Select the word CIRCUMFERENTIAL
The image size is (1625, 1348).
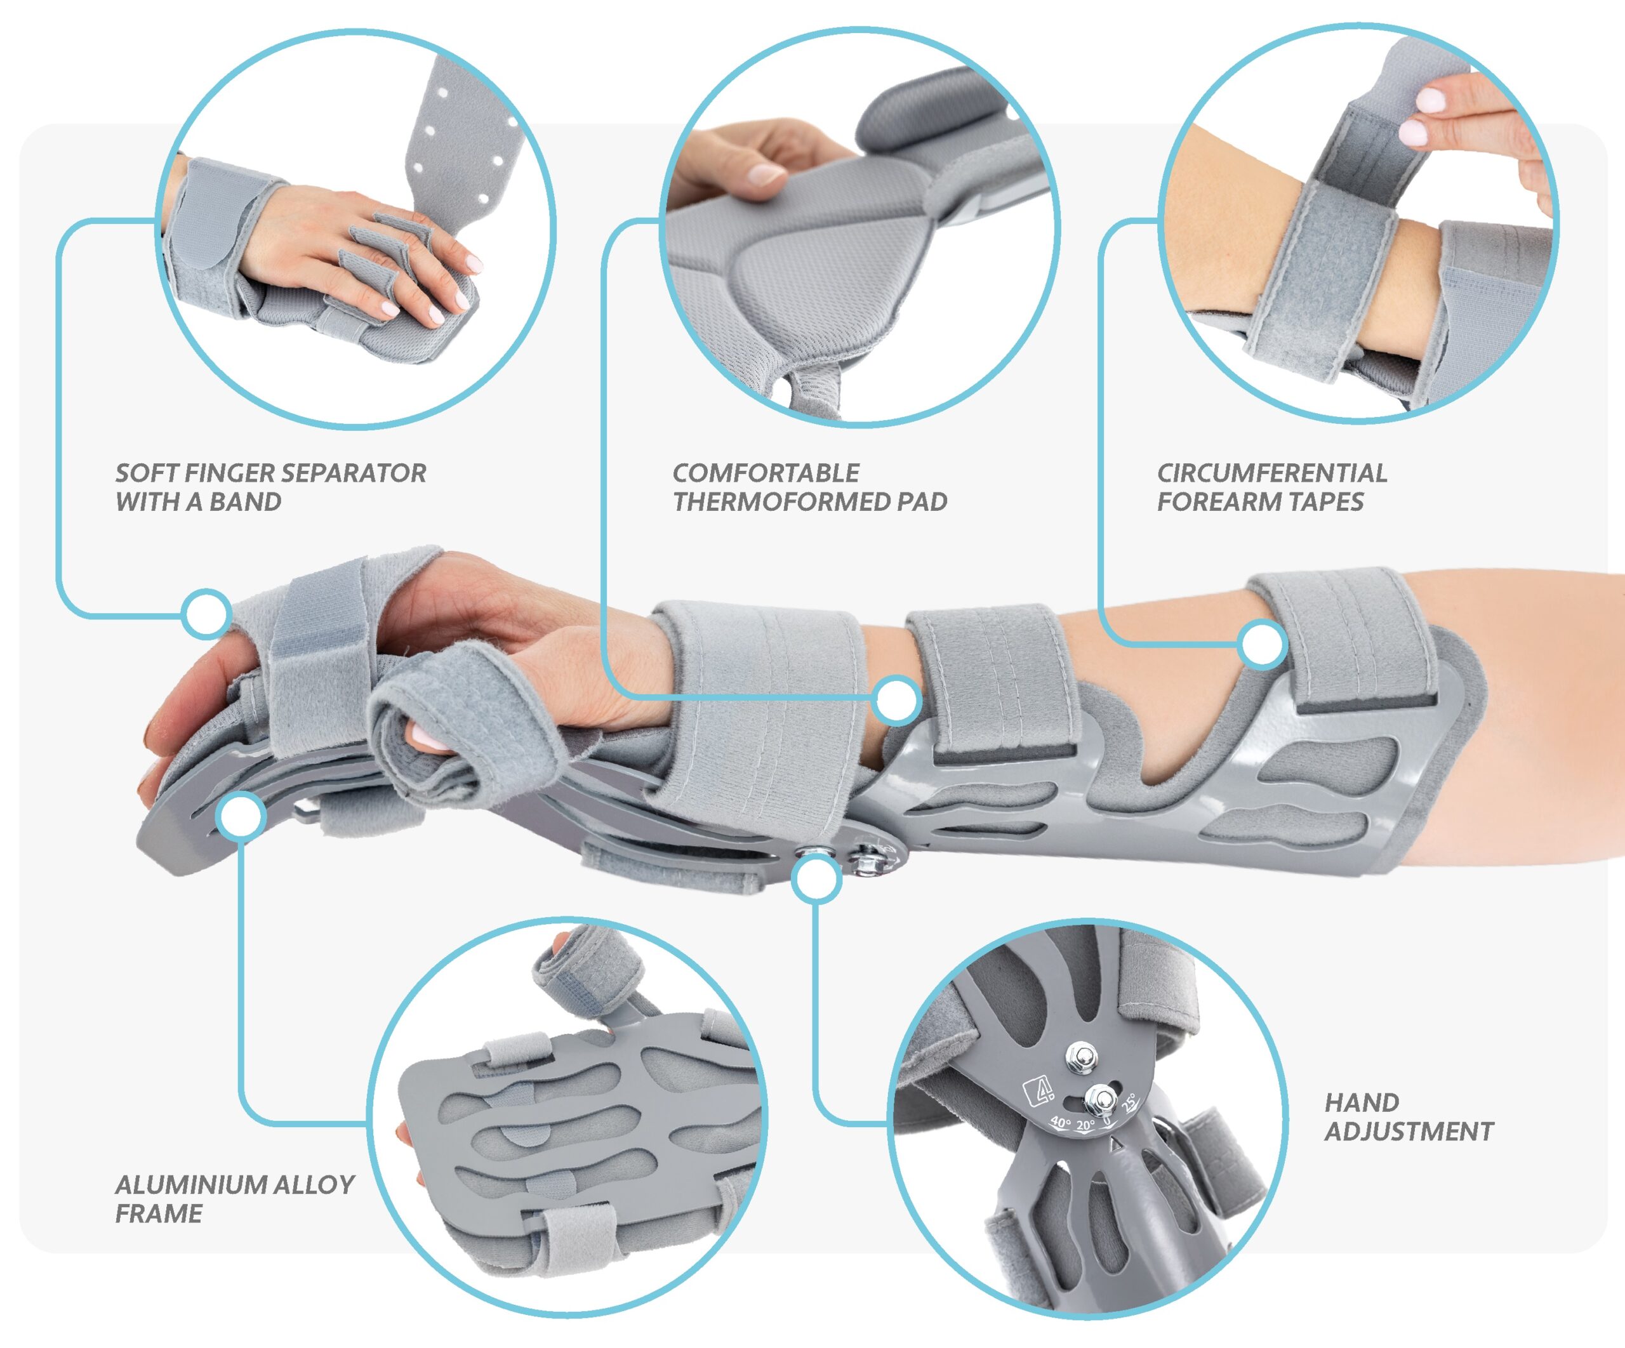1272,473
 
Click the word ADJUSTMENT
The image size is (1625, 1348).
1409,1132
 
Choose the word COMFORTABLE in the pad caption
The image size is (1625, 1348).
766,473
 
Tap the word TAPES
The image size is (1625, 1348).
1325,501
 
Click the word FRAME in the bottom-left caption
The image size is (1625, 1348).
159,1213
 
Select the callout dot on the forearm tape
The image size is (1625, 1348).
1261,645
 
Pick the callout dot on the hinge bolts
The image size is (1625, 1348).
816,878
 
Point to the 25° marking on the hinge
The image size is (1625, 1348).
1129,1101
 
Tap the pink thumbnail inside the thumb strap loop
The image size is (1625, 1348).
425,736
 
